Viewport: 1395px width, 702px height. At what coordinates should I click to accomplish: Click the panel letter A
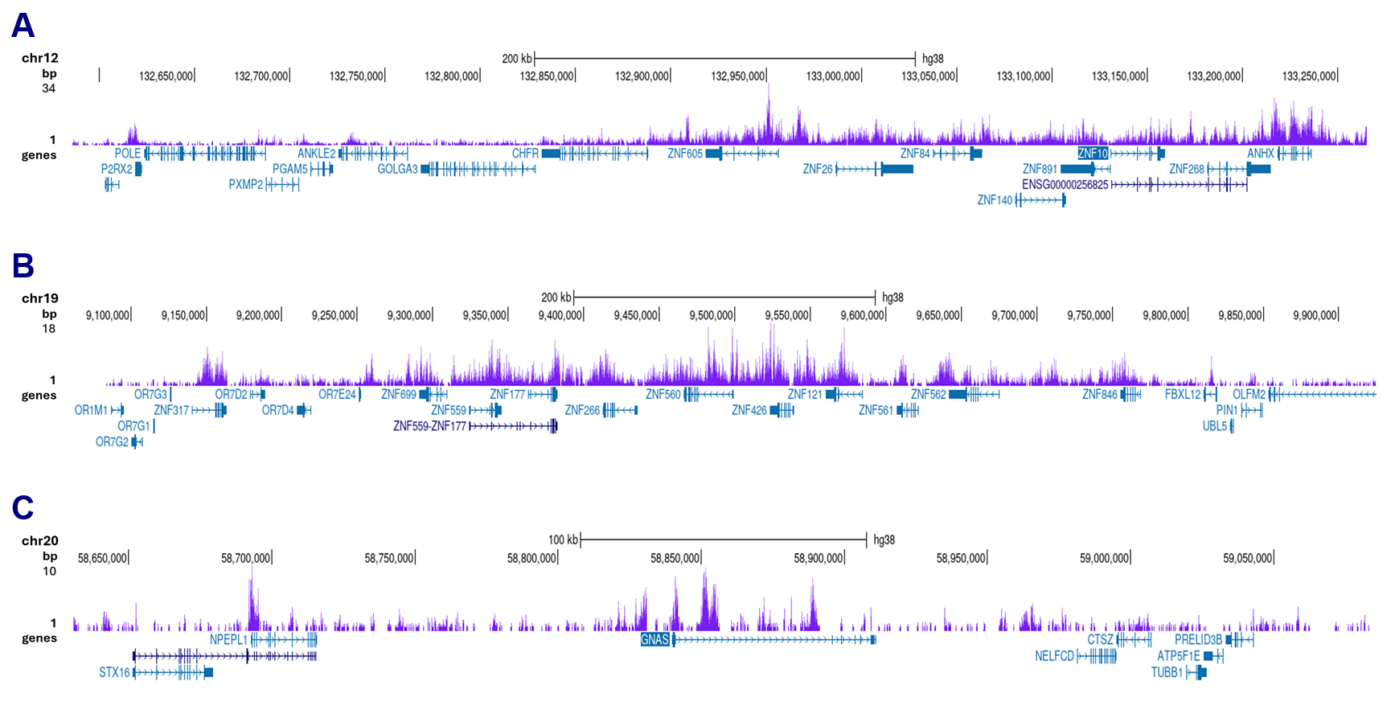(23, 26)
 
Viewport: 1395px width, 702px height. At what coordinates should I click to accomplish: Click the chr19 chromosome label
(39, 298)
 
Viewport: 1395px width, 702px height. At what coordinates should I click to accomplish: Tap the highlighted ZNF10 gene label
(1093, 154)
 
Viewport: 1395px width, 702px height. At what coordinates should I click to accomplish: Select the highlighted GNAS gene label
(654, 640)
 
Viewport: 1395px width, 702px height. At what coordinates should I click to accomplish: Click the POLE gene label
(127, 154)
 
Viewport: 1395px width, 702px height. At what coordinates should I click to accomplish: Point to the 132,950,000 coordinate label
(737, 76)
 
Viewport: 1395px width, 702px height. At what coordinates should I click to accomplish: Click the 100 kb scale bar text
(563, 540)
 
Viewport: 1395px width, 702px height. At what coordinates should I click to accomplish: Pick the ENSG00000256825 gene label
(1065, 185)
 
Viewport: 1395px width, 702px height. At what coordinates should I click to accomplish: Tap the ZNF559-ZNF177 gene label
(429, 426)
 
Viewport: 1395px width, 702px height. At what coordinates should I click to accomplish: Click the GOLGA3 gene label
(397, 169)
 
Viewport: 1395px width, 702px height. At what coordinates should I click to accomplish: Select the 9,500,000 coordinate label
(711, 315)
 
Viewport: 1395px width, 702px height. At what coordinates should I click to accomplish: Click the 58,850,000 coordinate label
(675, 558)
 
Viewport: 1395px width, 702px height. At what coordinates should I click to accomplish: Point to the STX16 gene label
(114, 672)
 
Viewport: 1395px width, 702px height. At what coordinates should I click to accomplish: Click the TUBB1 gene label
(1167, 672)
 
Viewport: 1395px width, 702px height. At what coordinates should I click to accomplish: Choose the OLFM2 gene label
(1249, 395)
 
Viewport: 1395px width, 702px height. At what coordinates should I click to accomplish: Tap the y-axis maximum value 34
(48, 88)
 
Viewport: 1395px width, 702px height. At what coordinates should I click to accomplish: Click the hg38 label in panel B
(892, 298)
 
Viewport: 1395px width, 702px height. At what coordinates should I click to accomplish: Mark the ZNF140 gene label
(995, 200)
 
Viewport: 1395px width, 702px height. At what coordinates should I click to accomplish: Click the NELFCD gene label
(1054, 656)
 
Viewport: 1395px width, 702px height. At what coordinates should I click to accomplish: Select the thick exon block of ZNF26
(897, 169)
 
